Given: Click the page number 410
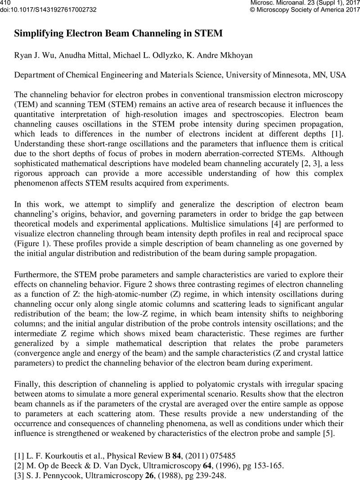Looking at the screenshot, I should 5,3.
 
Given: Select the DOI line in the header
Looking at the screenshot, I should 48,9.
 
